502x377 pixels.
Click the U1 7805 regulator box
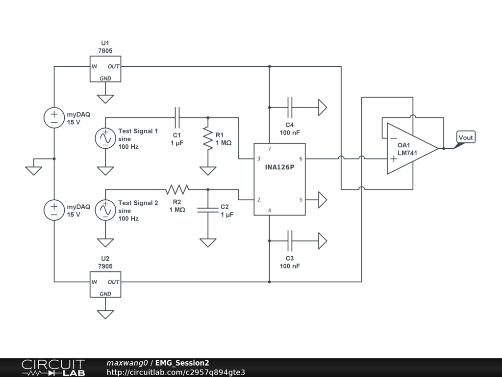pyautogui.click(x=105, y=69)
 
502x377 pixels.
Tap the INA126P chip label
pyautogui.click(x=279, y=167)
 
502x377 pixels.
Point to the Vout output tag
pyautogui.click(x=465, y=137)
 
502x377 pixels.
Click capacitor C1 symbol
pyautogui.click(x=177, y=117)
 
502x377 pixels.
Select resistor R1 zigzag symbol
pyautogui.click(x=208, y=139)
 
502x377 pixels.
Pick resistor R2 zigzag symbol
pyautogui.click(x=177, y=189)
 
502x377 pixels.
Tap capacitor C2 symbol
pyautogui.click(x=208, y=210)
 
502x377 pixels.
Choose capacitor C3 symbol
pyautogui.click(x=290, y=241)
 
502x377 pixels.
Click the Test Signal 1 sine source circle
pyautogui.click(x=105, y=138)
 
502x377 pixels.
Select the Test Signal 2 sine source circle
pyautogui.click(x=105, y=210)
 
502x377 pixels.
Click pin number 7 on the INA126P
pyautogui.click(x=269, y=149)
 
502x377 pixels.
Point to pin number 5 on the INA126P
pyautogui.click(x=301, y=200)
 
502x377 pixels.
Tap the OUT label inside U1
pyautogui.click(x=113, y=66)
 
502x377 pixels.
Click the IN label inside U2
pyautogui.click(x=94, y=282)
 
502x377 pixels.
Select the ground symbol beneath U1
pyautogui.click(x=105, y=98)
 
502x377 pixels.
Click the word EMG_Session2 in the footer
pyautogui.click(x=182, y=363)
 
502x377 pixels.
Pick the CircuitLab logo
pyautogui.click(x=53, y=368)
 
